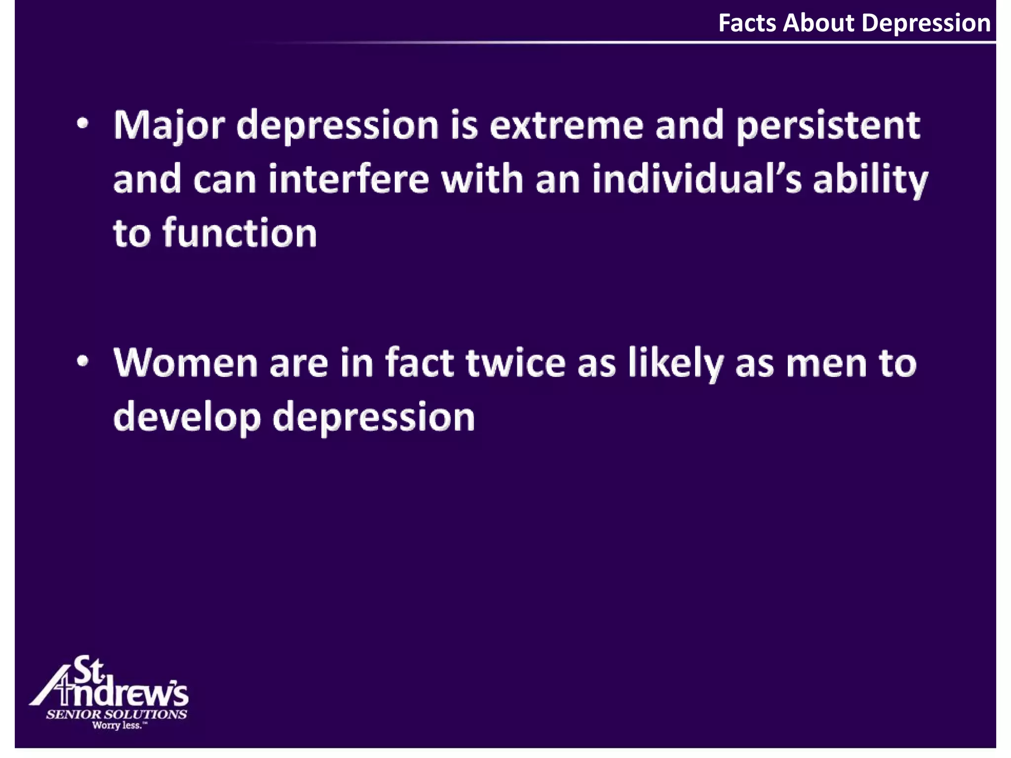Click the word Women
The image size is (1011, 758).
click(186, 363)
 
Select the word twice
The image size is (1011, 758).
click(515, 363)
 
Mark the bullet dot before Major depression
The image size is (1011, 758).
click(83, 124)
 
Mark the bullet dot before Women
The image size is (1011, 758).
click(83, 362)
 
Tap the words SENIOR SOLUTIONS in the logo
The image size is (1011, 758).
click(117, 714)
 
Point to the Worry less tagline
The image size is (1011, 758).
click(119, 725)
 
